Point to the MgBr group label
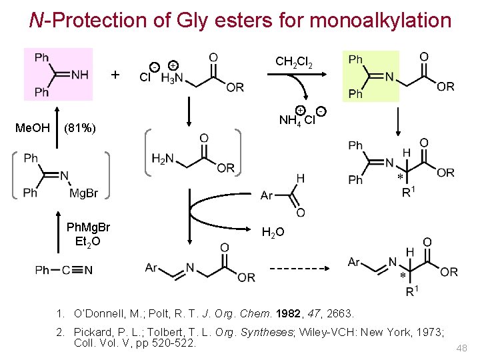(x=83, y=193)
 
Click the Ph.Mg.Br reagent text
(x=89, y=227)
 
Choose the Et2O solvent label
(x=88, y=241)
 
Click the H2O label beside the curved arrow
(x=273, y=232)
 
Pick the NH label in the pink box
(x=79, y=74)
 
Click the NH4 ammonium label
(x=291, y=121)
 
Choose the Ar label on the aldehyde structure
(x=267, y=195)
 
